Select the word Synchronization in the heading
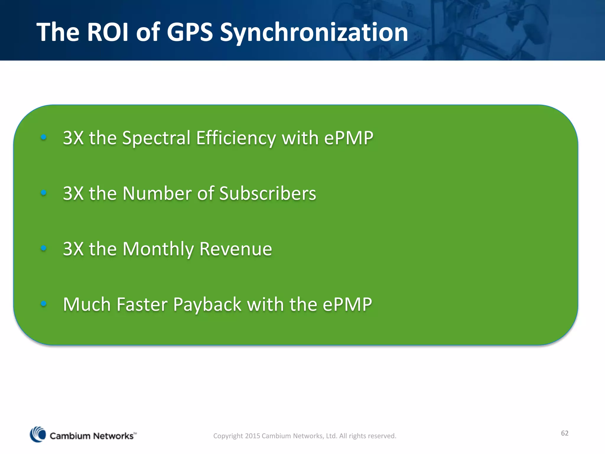click(x=314, y=33)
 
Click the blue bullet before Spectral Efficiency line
click(x=44, y=137)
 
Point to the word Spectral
click(x=156, y=138)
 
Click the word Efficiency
click(x=236, y=138)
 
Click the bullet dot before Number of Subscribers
click(x=44, y=193)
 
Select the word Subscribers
click(x=268, y=194)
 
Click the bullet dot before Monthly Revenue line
click(x=44, y=248)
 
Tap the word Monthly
click(x=158, y=249)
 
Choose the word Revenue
click(x=235, y=249)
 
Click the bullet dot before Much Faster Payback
click(x=44, y=304)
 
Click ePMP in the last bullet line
click(x=347, y=304)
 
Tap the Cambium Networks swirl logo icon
click(x=38, y=434)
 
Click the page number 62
click(x=565, y=433)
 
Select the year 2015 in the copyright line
click(x=252, y=436)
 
